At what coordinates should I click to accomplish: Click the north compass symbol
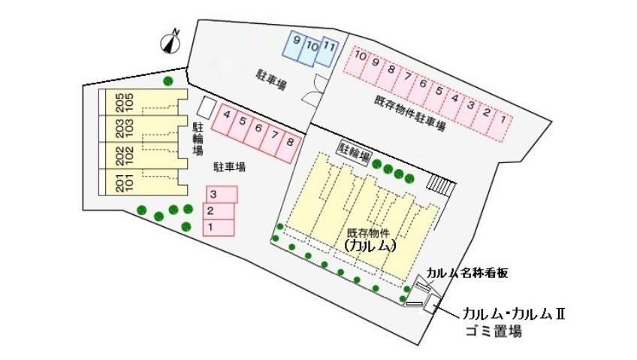[172, 42]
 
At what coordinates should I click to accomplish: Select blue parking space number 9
[294, 47]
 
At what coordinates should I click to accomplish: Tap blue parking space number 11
[329, 50]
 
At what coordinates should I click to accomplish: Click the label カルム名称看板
[467, 273]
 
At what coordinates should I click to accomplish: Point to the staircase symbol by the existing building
[441, 185]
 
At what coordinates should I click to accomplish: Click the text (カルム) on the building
[369, 245]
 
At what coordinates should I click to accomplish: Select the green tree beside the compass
[169, 80]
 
